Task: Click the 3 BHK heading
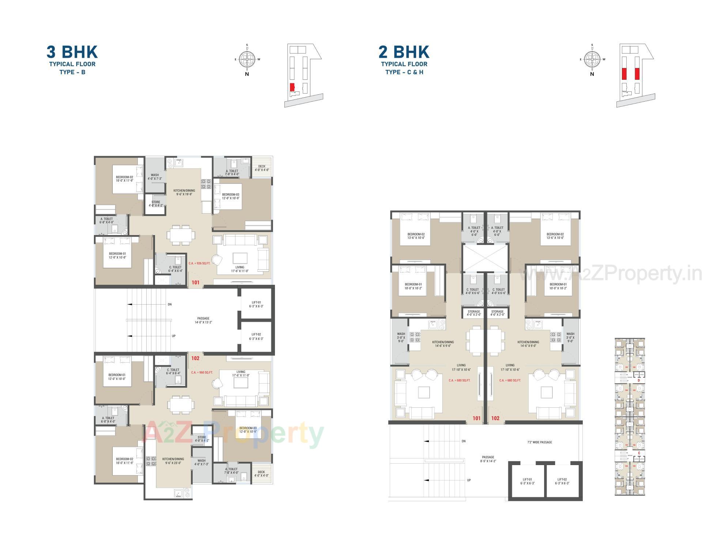pyautogui.click(x=72, y=52)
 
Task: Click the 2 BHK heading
pyautogui.click(x=404, y=52)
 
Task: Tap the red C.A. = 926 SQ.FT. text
pyautogui.click(x=199, y=263)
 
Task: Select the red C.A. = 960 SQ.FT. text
pyautogui.click(x=202, y=373)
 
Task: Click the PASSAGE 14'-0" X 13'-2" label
pyautogui.click(x=203, y=320)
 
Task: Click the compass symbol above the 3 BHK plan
pyautogui.click(x=247, y=59)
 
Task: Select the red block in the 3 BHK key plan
pyautogui.click(x=292, y=87)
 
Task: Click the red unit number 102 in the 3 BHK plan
pyautogui.click(x=195, y=358)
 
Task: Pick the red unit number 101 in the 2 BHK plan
pyautogui.click(x=476, y=418)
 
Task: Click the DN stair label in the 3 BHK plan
pyautogui.click(x=170, y=304)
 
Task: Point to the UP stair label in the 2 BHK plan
pyautogui.click(x=469, y=480)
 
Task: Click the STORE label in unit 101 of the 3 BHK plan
pyautogui.click(x=156, y=204)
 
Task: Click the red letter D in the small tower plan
pyautogui.click(x=639, y=381)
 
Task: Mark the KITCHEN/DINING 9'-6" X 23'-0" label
pyautogui.click(x=173, y=461)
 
